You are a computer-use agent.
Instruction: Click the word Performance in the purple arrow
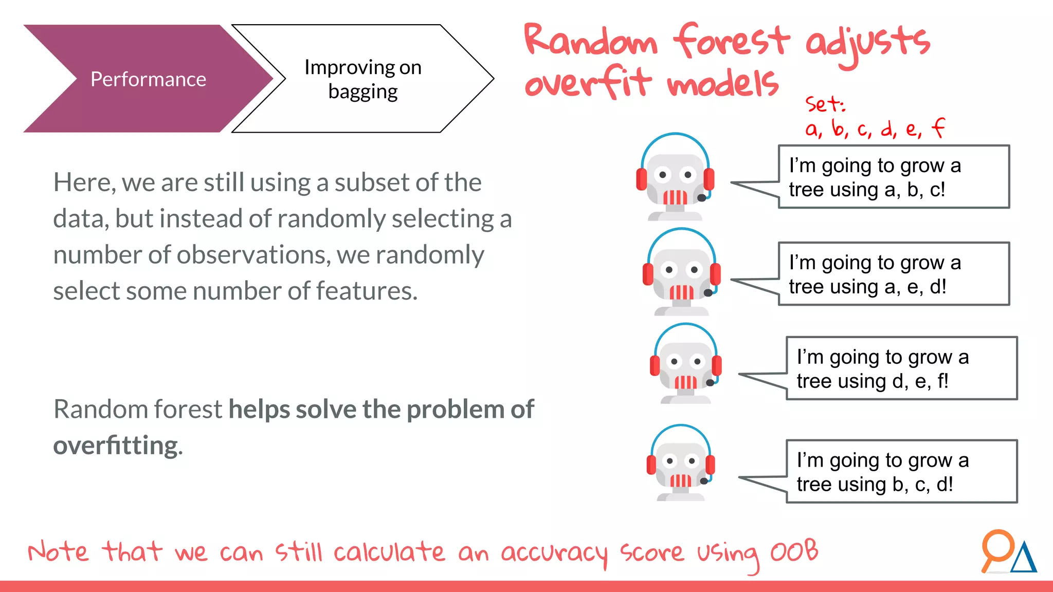148,79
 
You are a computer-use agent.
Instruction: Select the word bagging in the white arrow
363,92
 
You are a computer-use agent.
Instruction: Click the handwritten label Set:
825,104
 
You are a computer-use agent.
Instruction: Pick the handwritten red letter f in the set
938,128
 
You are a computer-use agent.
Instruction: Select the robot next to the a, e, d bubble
682,272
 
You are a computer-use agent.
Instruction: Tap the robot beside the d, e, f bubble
685,364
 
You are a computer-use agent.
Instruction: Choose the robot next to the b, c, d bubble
681,463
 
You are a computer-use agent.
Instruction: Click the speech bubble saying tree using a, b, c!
894,177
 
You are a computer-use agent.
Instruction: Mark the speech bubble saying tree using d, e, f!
901,368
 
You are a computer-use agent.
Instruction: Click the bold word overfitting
118,446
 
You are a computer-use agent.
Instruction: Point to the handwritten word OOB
794,551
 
